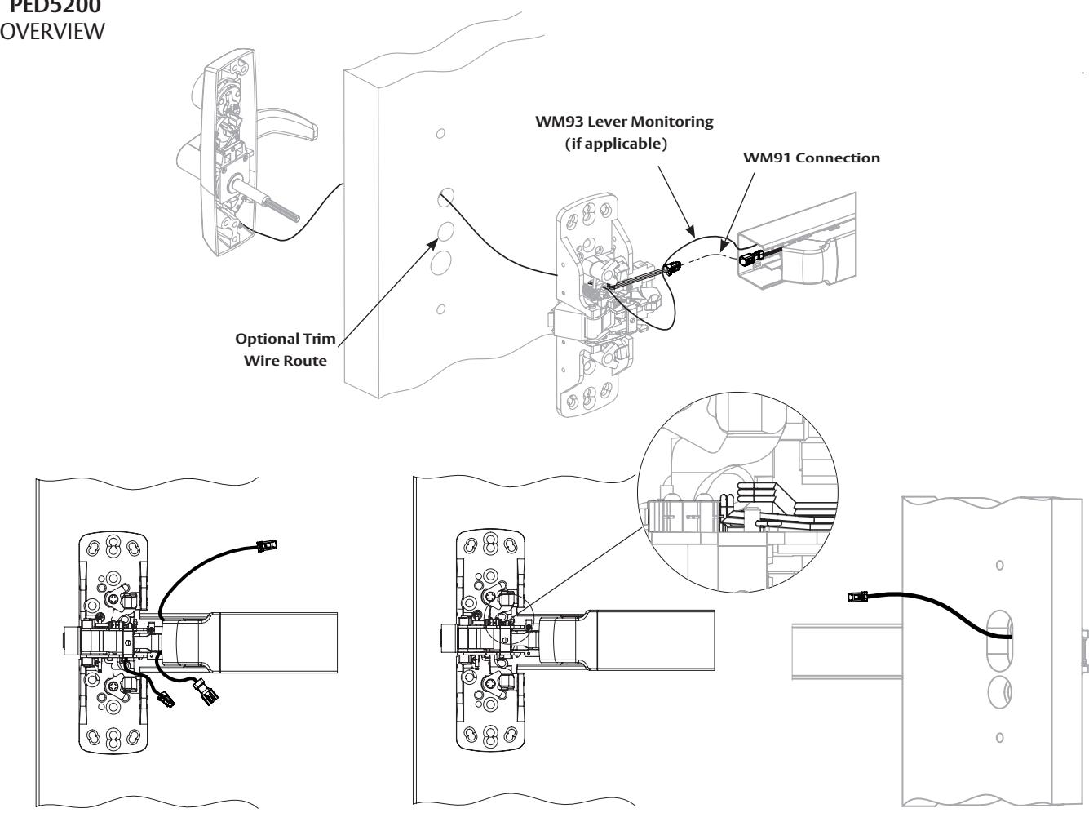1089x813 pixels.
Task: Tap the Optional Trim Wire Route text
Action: (x=286, y=350)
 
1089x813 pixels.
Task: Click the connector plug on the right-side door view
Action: (x=859, y=598)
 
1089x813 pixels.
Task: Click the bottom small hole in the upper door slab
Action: (x=440, y=309)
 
